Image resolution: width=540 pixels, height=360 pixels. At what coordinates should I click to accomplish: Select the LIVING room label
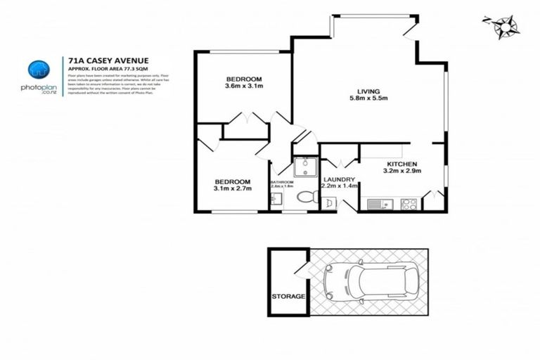[368, 91]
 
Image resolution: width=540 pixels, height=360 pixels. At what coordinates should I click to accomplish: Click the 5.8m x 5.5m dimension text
[369, 99]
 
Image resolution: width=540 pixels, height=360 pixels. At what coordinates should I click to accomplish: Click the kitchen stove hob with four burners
[408, 205]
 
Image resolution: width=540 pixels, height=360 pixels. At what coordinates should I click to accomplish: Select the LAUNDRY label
[340, 179]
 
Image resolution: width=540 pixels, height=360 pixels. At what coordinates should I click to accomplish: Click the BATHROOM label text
[281, 182]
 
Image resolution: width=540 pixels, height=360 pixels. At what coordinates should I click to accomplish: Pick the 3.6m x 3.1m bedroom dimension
[243, 86]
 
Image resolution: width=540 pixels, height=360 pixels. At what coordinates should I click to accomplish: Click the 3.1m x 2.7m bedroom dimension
[233, 188]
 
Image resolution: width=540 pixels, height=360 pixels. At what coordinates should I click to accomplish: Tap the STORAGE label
[288, 296]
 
